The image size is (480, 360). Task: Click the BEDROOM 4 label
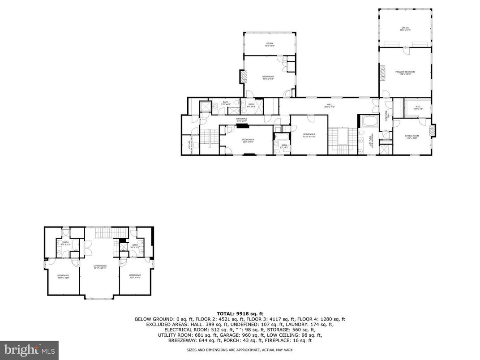[248, 141]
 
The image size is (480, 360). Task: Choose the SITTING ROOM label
[411, 137]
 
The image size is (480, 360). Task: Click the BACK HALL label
[242, 120]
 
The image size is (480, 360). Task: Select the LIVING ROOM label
[99, 267]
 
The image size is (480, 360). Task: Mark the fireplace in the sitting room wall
[432, 130]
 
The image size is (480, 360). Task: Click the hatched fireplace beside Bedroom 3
[244, 77]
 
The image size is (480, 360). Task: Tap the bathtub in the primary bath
[369, 121]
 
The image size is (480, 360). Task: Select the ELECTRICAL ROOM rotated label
[190, 144]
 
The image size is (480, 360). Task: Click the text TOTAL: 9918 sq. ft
[240, 313]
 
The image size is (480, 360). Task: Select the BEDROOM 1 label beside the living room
[135, 276]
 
